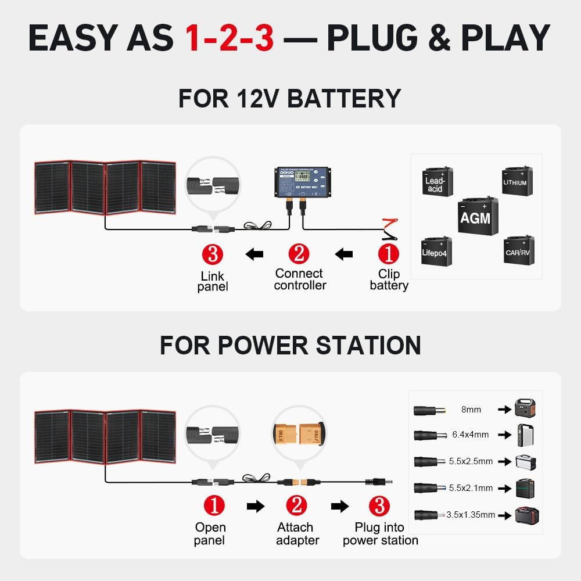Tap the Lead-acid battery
(436, 182)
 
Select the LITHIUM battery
(516, 180)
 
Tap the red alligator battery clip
(388, 224)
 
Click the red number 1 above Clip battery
(389, 254)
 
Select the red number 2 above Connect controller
(299, 254)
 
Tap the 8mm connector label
(471, 410)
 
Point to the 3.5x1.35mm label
(471, 515)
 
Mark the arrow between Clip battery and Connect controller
(345, 254)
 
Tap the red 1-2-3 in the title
(229, 38)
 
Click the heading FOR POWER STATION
(290, 345)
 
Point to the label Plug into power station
(380, 534)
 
